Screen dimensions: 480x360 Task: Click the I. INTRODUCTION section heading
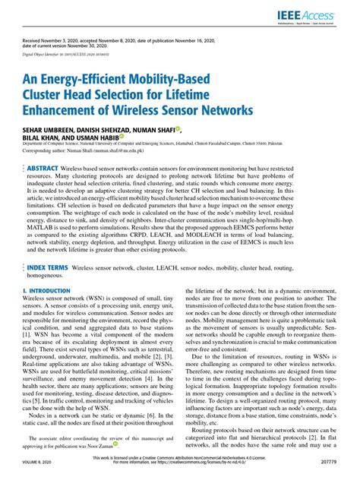(49, 290)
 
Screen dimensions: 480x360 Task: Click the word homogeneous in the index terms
(47, 277)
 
